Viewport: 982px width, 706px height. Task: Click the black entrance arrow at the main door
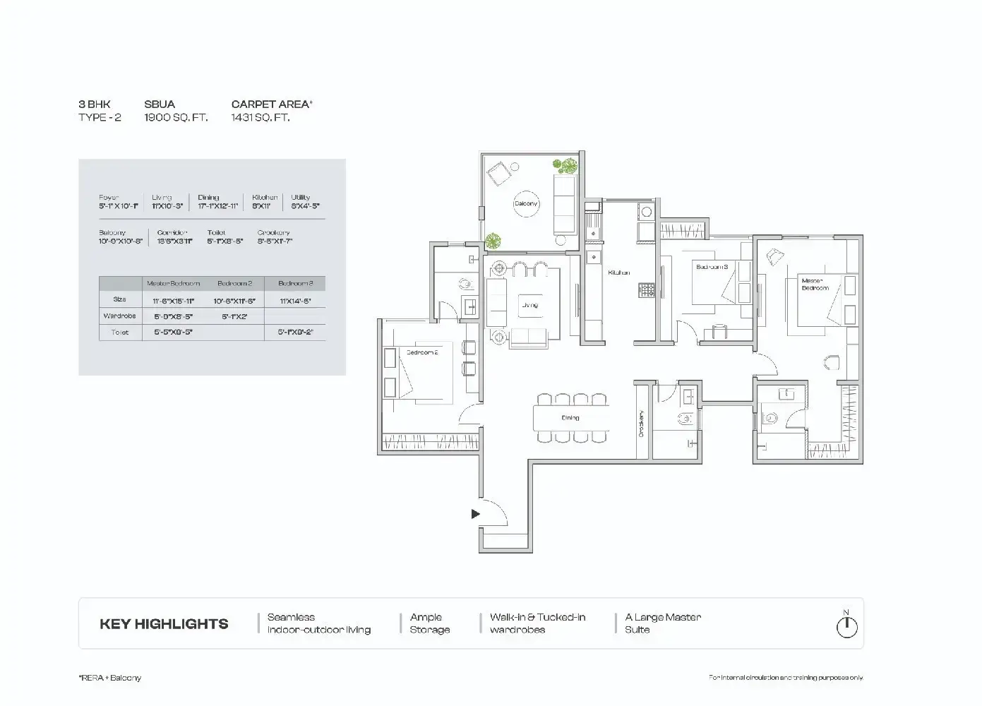[x=475, y=514]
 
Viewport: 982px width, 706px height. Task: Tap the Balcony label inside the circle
[x=525, y=204]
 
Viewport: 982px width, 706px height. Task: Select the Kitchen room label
[x=618, y=273]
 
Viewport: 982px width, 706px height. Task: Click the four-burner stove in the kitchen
[x=647, y=289]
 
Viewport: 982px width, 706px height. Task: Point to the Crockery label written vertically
[x=641, y=424]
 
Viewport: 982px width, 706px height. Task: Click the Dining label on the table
[x=570, y=418]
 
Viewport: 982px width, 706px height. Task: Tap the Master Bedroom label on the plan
[x=815, y=284]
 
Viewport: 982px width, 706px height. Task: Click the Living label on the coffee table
[x=529, y=305]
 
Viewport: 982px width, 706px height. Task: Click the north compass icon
[x=846, y=626]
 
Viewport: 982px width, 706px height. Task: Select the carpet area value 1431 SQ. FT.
[x=261, y=118]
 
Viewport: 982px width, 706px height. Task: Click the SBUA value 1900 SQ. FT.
[x=176, y=118]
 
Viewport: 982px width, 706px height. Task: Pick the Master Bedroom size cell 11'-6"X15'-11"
[x=174, y=301]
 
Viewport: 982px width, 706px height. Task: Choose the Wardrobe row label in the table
[x=119, y=316]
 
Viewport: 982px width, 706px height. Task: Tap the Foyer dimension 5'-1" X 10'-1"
[x=119, y=206]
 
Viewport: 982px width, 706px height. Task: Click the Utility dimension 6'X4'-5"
[x=305, y=206]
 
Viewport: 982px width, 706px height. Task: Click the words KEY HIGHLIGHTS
[x=164, y=624]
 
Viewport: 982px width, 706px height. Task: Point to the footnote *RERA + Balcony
[x=109, y=678]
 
